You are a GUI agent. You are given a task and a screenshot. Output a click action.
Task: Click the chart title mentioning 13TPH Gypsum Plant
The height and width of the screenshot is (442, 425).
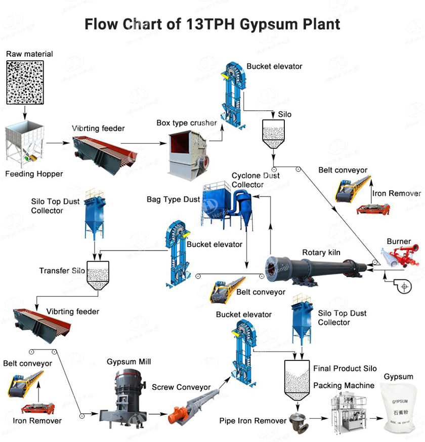212,24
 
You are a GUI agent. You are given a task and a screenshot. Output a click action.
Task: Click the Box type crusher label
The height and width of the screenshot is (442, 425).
187,123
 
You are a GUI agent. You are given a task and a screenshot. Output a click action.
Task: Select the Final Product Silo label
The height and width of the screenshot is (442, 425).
345,369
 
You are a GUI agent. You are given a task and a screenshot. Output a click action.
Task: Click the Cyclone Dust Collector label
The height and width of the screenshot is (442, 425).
256,180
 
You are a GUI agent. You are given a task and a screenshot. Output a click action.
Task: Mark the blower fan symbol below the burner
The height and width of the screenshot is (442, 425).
403,287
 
